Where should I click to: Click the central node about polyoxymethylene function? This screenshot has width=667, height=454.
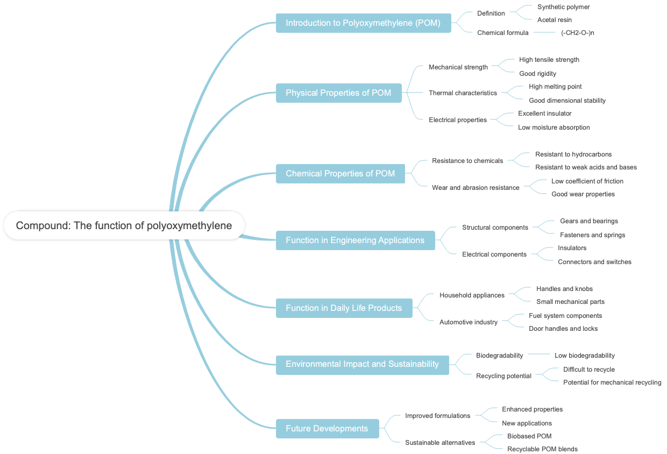click(x=124, y=225)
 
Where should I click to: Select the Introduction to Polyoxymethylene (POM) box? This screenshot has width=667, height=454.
click(x=363, y=23)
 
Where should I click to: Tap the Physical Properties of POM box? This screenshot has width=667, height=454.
click(x=338, y=93)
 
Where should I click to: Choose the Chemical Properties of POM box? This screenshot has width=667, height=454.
click(x=340, y=174)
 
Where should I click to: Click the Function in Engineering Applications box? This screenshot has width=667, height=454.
click(x=355, y=240)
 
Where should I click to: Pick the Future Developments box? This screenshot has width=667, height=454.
click(x=327, y=429)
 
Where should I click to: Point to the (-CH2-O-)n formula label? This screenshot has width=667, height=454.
click(x=577, y=33)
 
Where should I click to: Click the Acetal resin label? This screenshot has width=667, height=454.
click(x=554, y=20)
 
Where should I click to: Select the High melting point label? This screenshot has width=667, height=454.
click(x=555, y=87)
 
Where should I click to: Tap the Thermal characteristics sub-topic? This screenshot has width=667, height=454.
click(x=463, y=93)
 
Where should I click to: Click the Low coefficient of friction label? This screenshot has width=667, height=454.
click(x=587, y=181)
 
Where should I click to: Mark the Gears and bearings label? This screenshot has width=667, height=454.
click(x=588, y=221)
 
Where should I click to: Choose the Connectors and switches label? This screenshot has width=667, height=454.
click(x=594, y=262)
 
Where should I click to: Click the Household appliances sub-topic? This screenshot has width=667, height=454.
click(x=472, y=295)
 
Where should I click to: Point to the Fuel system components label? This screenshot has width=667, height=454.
click(x=565, y=316)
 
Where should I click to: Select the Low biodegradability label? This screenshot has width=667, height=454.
click(x=584, y=356)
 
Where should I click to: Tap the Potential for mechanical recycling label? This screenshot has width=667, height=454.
click(x=612, y=382)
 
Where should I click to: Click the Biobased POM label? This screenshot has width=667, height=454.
click(x=529, y=436)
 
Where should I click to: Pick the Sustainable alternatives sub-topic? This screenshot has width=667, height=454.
click(x=440, y=443)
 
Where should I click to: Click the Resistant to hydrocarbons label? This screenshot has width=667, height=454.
click(x=573, y=154)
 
